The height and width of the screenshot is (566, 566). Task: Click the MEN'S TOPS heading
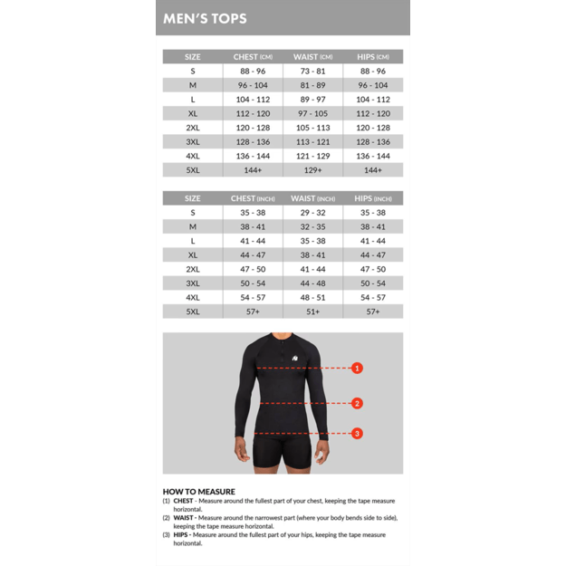[x=205, y=18]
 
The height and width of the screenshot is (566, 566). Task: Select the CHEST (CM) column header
[x=252, y=57]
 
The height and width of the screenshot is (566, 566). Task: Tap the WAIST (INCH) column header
[x=312, y=198]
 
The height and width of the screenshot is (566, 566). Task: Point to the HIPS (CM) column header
[x=373, y=57]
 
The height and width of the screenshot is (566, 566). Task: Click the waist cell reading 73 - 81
[x=312, y=71]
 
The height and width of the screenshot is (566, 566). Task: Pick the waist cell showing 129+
[x=312, y=170]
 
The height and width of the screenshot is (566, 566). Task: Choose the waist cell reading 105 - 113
[x=312, y=128]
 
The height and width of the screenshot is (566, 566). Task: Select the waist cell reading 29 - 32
[x=312, y=213]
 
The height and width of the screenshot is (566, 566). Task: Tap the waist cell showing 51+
[x=312, y=312]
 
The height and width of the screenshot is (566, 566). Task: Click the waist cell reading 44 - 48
[x=312, y=283]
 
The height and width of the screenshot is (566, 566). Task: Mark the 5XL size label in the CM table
[x=193, y=170]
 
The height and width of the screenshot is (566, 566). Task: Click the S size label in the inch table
[x=193, y=213]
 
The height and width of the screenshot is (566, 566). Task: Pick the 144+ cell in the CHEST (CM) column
[x=252, y=170]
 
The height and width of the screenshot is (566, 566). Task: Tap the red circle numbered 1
[x=357, y=368]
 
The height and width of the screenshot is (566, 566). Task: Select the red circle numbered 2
[x=357, y=403]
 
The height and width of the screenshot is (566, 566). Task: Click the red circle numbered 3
[x=357, y=433]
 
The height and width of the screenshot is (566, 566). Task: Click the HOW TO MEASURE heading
[x=199, y=492]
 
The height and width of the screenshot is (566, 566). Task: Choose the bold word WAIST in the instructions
[x=183, y=518]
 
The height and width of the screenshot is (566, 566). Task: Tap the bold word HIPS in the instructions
[x=180, y=535]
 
